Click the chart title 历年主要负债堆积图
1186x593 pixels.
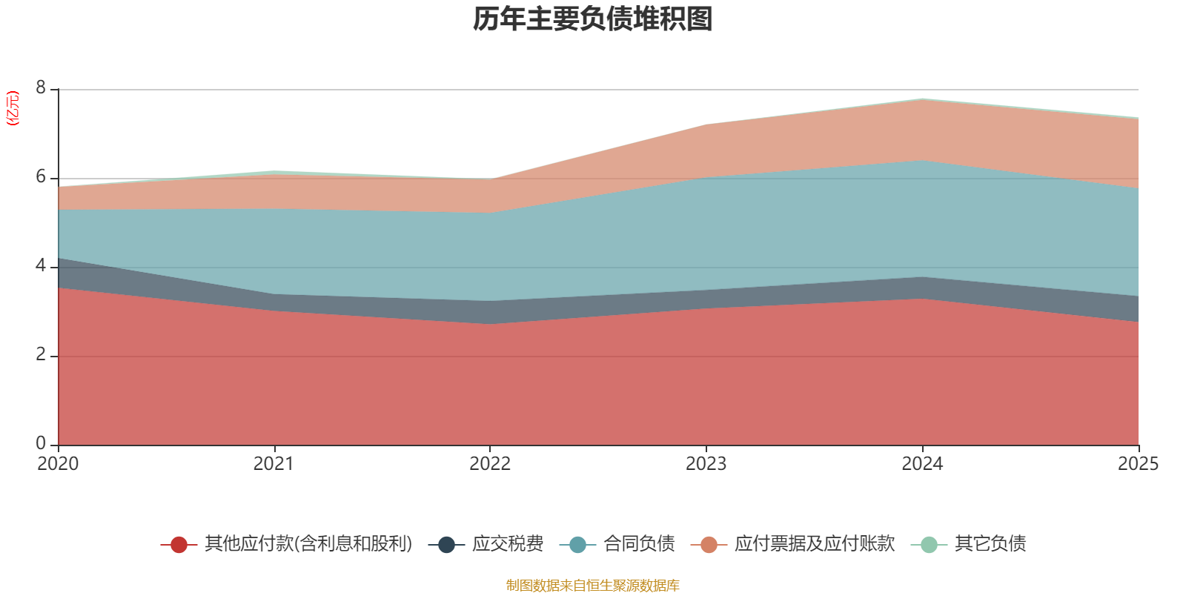(593, 19)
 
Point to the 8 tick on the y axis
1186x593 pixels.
(41, 88)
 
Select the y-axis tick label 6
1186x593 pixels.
(41, 177)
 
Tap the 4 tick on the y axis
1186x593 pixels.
(41, 266)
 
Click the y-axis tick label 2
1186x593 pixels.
(41, 355)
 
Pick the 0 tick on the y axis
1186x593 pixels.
(41, 444)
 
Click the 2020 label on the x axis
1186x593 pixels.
(58, 464)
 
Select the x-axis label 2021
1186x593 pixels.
(274, 464)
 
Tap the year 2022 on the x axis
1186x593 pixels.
(490, 464)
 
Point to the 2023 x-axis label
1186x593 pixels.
(706, 464)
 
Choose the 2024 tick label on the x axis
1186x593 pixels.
(922, 464)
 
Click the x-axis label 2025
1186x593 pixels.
(1138, 464)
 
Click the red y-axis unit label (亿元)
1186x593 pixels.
(13, 108)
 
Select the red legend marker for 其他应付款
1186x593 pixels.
(179, 545)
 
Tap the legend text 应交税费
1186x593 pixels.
(508, 544)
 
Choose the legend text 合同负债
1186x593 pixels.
(639, 544)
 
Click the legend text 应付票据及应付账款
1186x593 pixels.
(815, 544)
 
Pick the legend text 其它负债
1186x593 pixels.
(990, 544)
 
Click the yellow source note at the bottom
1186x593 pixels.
(593, 586)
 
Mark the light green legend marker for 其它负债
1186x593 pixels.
(929, 545)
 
